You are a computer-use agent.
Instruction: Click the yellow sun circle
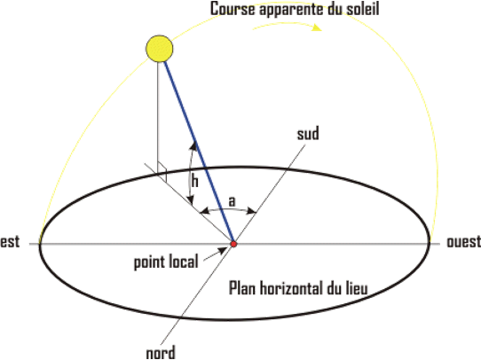pyautogui.click(x=159, y=49)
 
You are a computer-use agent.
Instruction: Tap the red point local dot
pyautogui.click(x=233, y=244)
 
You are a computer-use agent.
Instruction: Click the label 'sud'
pyautogui.click(x=308, y=134)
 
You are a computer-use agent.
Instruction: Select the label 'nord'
pyautogui.click(x=161, y=352)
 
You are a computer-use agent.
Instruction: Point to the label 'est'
pyautogui.click(x=10, y=242)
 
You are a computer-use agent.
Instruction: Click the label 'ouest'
pyautogui.click(x=464, y=242)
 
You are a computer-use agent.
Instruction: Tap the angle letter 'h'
pyautogui.click(x=194, y=181)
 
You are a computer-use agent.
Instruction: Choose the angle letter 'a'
pyautogui.click(x=233, y=201)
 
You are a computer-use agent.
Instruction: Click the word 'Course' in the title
pyautogui.click(x=233, y=9)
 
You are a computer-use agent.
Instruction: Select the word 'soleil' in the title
pyautogui.click(x=363, y=9)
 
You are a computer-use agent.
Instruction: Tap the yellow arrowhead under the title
pyautogui.click(x=317, y=27)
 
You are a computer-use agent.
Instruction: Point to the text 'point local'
pyautogui.click(x=166, y=262)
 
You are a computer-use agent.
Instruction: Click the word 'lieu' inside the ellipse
pyautogui.click(x=356, y=288)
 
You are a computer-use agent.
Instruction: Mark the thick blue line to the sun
pyautogui.click(x=199, y=152)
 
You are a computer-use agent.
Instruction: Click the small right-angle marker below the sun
pyautogui.click(x=162, y=171)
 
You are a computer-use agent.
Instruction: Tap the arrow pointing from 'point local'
pyautogui.click(x=215, y=254)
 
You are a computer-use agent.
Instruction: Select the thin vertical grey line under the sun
pyautogui.click(x=158, y=118)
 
